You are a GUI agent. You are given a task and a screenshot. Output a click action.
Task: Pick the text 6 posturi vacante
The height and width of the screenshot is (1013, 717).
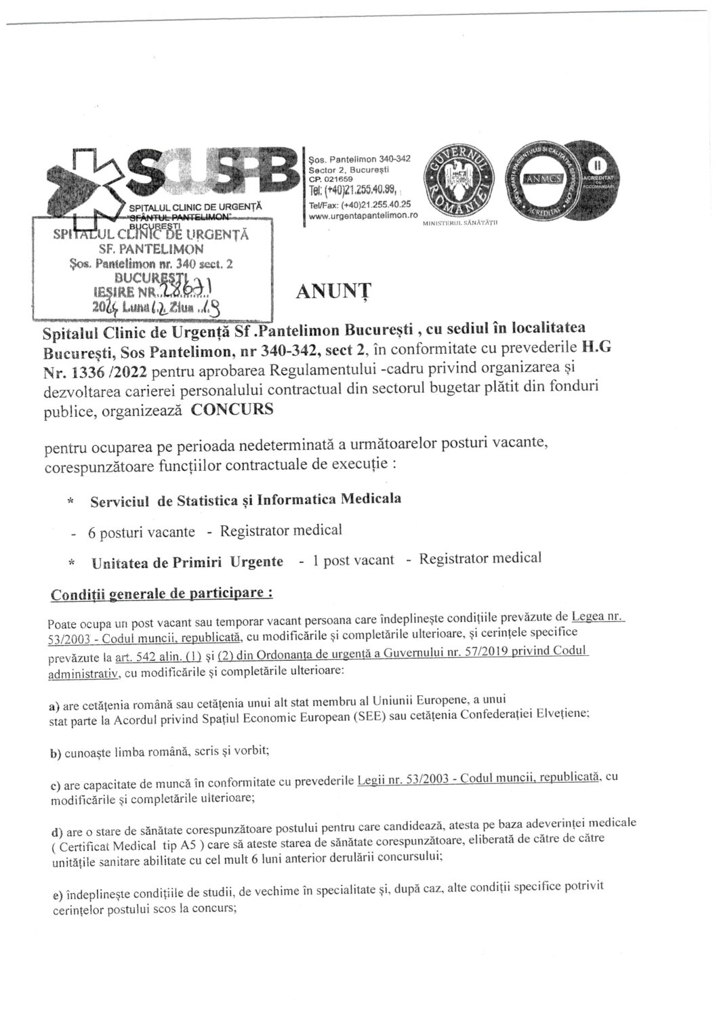(x=141, y=532)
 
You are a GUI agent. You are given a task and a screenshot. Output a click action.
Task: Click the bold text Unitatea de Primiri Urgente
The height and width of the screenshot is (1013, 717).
(x=187, y=562)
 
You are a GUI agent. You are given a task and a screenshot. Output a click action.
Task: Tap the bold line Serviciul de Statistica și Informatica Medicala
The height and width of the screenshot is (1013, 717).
(x=245, y=500)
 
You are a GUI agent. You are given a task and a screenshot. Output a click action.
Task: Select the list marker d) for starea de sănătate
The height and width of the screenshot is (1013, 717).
(x=56, y=831)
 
